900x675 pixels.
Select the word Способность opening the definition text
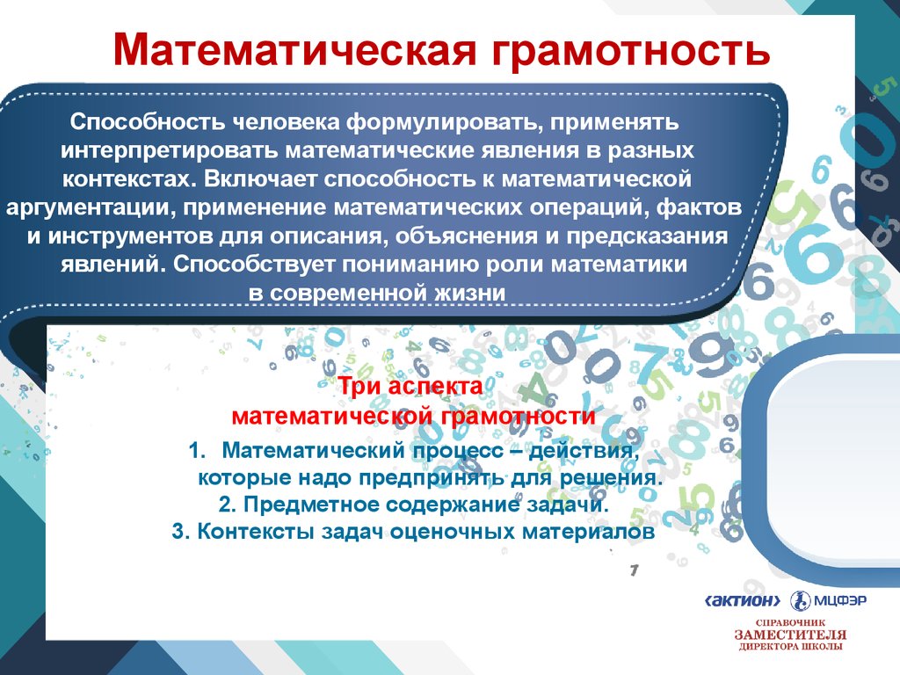(x=148, y=121)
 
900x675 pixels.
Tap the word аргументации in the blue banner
(x=91, y=207)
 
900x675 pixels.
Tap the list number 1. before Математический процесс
(x=197, y=451)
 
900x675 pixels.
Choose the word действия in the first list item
(x=584, y=451)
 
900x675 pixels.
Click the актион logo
(x=743, y=601)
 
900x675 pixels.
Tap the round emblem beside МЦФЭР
(x=800, y=601)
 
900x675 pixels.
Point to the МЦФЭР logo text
(x=839, y=601)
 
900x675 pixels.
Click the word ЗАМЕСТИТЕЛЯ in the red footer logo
(x=790, y=635)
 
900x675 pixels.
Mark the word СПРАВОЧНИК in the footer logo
(x=790, y=622)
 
